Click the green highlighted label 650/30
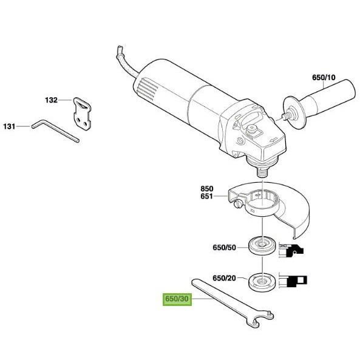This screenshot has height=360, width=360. click(x=177, y=299)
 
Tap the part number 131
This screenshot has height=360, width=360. click(x=10, y=126)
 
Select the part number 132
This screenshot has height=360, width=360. click(x=51, y=100)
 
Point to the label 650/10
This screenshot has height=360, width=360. click(x=324, y=77)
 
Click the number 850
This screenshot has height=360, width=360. click(x=207, y=189)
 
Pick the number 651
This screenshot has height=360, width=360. click(x=206, y=197)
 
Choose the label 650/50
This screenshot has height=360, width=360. click(x=224, y=248)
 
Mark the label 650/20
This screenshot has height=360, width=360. click(x=224, y=278)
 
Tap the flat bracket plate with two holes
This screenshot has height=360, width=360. click(x=82, y=114)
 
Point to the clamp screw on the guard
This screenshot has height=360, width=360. click(x=237, y=204)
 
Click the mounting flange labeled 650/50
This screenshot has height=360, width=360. click(x=262, y=246)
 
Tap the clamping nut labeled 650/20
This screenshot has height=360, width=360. click(x=262, y=282)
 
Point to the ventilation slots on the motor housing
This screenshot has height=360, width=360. click(x=148, y=87)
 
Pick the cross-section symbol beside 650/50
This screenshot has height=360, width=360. click(x=291, y=250)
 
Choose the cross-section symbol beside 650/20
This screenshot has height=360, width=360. click(x=293, y=280)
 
